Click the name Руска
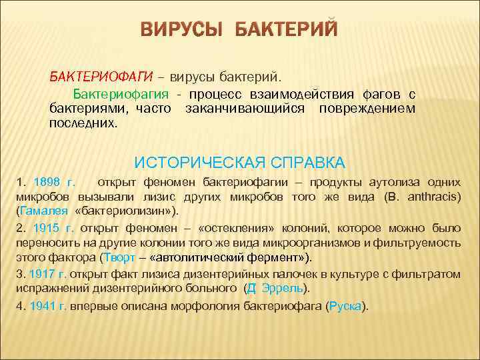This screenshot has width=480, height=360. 347,306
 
